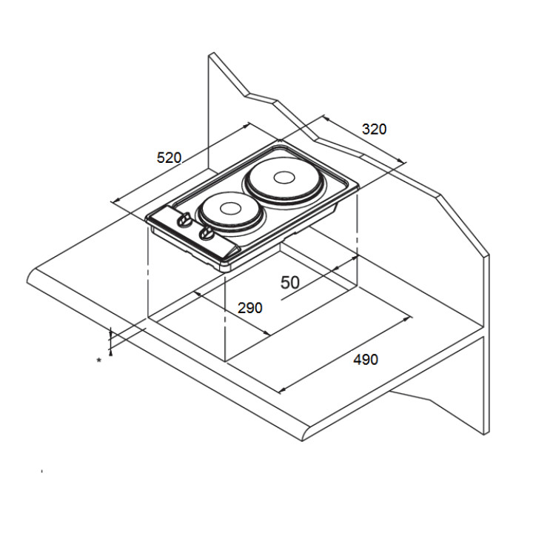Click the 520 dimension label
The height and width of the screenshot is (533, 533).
[169, 158]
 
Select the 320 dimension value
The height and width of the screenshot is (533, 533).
[374, 129]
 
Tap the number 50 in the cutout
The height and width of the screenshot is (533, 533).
[289, 282]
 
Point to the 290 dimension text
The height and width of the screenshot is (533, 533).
[249, 308]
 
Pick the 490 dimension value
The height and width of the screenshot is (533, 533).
[366, 360]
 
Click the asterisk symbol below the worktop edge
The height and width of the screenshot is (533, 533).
[98, 361]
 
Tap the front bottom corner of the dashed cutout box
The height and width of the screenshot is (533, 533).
[224, 361]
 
